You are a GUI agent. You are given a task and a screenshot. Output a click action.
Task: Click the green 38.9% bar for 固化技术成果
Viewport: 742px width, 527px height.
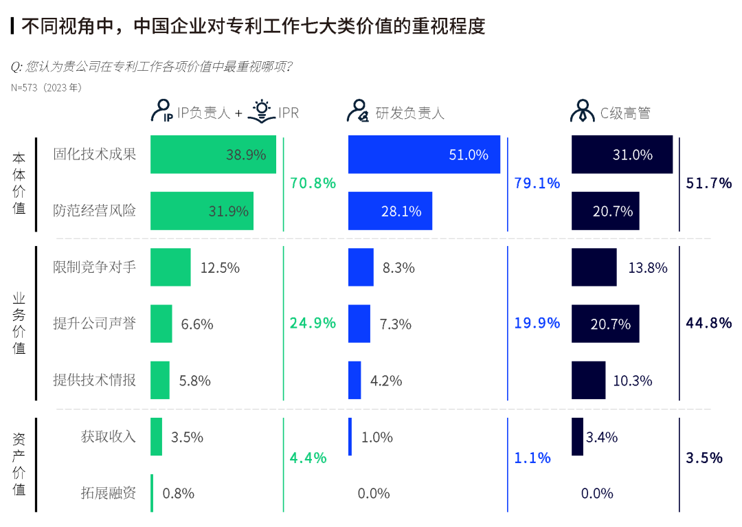(x=213, y=155)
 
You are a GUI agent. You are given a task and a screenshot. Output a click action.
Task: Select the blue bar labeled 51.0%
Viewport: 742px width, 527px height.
(x=424, y=155)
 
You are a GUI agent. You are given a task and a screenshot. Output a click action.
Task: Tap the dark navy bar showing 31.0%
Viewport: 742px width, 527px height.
(x=622, y=155)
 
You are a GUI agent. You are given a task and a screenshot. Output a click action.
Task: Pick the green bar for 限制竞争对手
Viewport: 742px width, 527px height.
(x=170, y=267)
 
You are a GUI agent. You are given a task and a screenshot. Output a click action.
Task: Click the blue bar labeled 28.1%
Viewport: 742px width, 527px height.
(x=390, y=211)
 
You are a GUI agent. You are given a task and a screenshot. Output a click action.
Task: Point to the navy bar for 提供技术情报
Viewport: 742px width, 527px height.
(x=588, y=380)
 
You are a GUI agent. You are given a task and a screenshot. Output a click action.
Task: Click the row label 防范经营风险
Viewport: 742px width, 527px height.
(x=95, y=211)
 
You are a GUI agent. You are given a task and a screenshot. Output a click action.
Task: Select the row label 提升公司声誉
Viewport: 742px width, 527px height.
(x=95, y=324)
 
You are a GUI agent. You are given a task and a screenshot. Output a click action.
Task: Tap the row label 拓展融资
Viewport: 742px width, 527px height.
(x=108, y=493)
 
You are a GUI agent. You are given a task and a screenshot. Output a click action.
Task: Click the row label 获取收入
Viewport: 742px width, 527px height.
(x=108, y=436)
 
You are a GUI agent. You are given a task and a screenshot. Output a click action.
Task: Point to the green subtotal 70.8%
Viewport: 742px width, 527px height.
(x=313, y=183)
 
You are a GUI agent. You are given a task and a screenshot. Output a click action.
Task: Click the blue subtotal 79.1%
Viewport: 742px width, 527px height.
(x=537, y=183)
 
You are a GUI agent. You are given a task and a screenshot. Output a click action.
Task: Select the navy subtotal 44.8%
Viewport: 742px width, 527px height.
(x=709, y=322)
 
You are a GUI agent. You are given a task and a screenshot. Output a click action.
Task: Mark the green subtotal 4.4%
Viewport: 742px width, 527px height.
(x=308, y=458)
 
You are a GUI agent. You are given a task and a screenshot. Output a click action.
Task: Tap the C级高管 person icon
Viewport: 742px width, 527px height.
(x=582, y=111)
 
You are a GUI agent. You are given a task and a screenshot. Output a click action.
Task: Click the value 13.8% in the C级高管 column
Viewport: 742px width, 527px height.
(x=648, y=268)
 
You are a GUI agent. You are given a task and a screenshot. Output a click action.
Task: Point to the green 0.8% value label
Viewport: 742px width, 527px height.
(x=178, y=493)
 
